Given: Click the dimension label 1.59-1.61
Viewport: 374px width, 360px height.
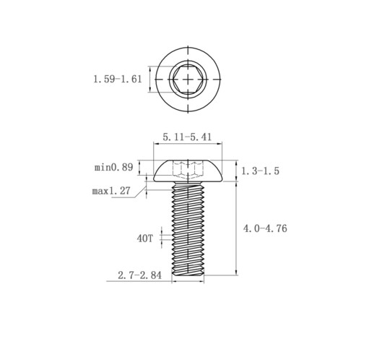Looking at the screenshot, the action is [118, 80].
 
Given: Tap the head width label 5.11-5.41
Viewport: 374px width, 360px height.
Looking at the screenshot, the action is [187, 137].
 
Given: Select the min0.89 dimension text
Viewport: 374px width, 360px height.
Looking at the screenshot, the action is [113, 167].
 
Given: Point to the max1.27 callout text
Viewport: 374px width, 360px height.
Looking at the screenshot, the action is [111, 191].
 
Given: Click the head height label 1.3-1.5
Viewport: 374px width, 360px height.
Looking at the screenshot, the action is [260, 171].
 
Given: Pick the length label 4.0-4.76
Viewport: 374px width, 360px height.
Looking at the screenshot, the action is [265, 228].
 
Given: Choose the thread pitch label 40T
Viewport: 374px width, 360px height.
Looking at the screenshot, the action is [144, 239].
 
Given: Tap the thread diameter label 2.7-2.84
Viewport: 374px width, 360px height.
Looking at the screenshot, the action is [139, 275].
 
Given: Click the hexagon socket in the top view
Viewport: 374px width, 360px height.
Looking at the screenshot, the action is [188, 80].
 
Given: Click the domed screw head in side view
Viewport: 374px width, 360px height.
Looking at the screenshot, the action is [188, 171].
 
